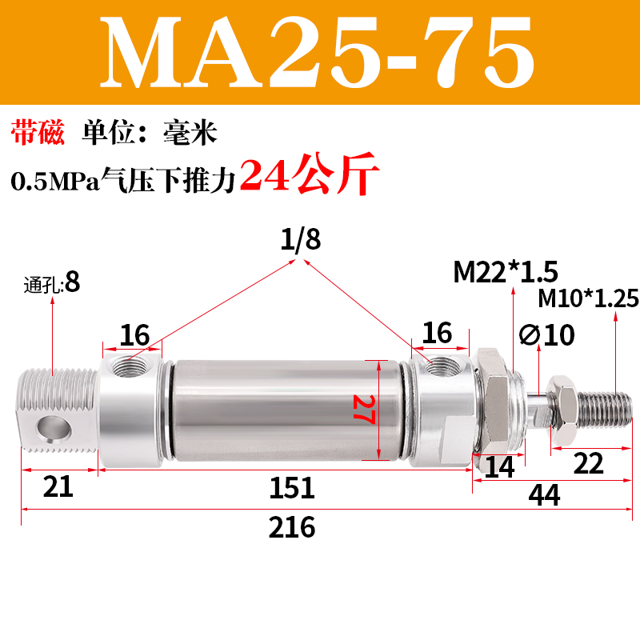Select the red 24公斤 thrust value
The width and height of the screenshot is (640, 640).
click(308, 176)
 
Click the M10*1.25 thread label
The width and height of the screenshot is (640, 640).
click(588, 298)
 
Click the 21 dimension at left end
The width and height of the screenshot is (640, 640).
click(57, 487)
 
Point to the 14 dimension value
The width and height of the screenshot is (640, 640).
click(500, 467)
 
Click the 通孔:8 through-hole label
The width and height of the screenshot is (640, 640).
click(53, 283)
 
